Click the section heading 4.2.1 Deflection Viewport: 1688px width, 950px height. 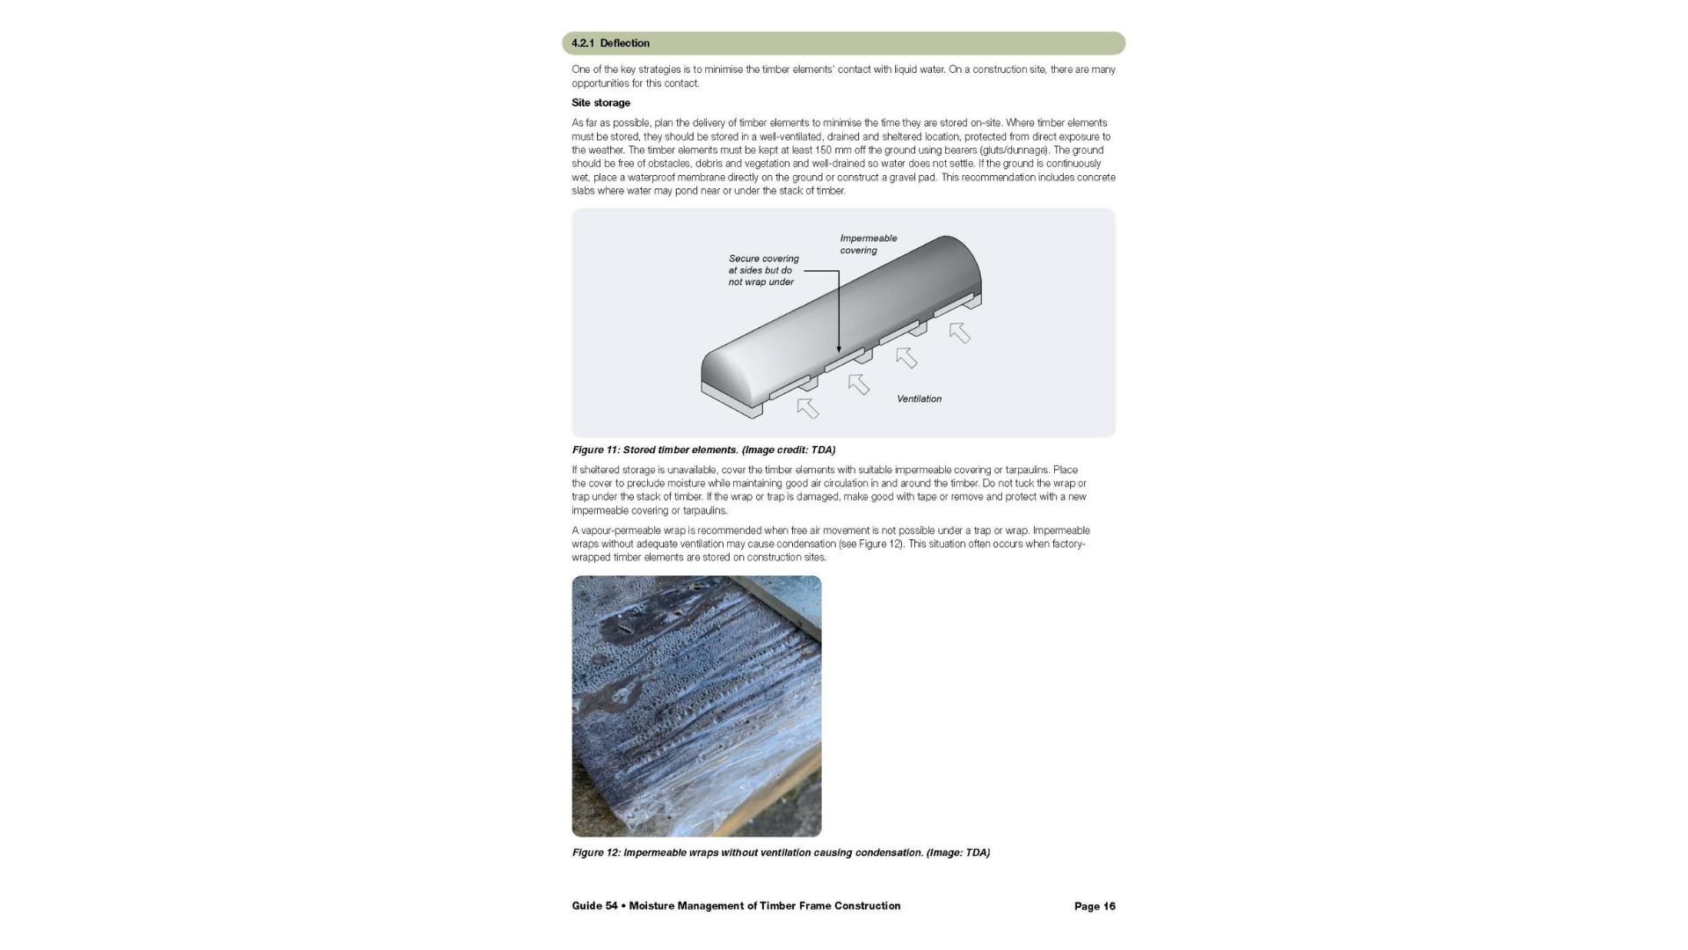(610, 43)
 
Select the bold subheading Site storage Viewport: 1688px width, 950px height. (600, 103)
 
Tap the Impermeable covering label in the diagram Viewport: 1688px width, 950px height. (868, 244)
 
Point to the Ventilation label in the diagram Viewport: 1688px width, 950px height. (919, 399)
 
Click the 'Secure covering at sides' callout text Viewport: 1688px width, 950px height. (763, 270)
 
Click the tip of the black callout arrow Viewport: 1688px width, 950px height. (839, 352)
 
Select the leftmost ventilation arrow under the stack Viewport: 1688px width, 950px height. (807, 408)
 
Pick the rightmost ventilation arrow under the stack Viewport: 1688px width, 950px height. (959, 332)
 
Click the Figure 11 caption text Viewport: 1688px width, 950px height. (703, 450)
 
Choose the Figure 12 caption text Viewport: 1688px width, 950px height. (781, 852)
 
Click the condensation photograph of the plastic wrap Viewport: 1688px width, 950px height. (696, 706)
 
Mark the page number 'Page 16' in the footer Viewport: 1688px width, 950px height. (1095, 906)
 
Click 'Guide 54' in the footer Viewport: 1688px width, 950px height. (594, 906)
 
